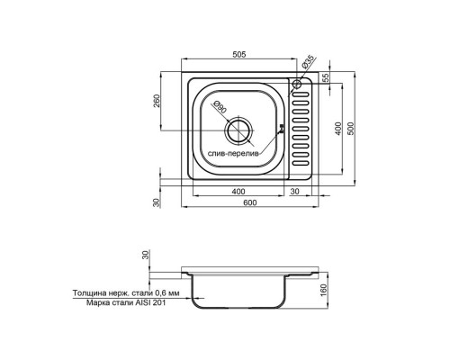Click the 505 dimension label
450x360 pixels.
[x=239, y=54]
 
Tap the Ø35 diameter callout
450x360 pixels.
[x=309, y=62]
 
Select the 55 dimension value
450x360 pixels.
[x=327, y=77]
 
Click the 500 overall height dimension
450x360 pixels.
[x=351, y=129]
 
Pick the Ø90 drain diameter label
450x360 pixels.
[x=220, y=107]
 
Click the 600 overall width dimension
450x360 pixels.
[x=250, y=202]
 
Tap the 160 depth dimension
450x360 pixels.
[x=323, y=290]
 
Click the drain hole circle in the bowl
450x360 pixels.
[x=238, y=131]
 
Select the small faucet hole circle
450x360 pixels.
[x=296, y=84]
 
